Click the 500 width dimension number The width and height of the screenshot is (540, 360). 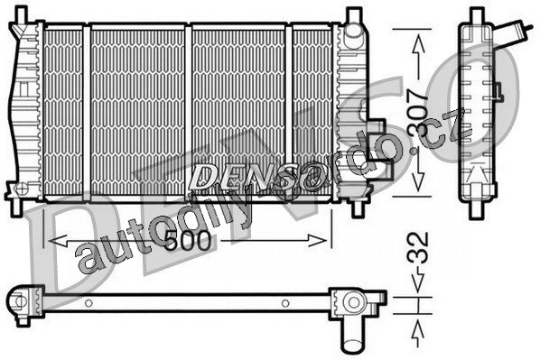(187, 240)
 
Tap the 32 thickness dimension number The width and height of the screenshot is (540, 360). (418, 247)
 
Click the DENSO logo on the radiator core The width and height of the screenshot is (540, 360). (256, 177)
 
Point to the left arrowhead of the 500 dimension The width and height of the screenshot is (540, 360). (58, 241)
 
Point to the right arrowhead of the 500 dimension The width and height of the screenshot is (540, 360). (318, 241)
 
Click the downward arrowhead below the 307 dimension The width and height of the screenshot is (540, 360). (418, 181)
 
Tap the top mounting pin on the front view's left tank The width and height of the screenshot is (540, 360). (21, 15)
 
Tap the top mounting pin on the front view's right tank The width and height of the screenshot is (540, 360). (353, 16)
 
